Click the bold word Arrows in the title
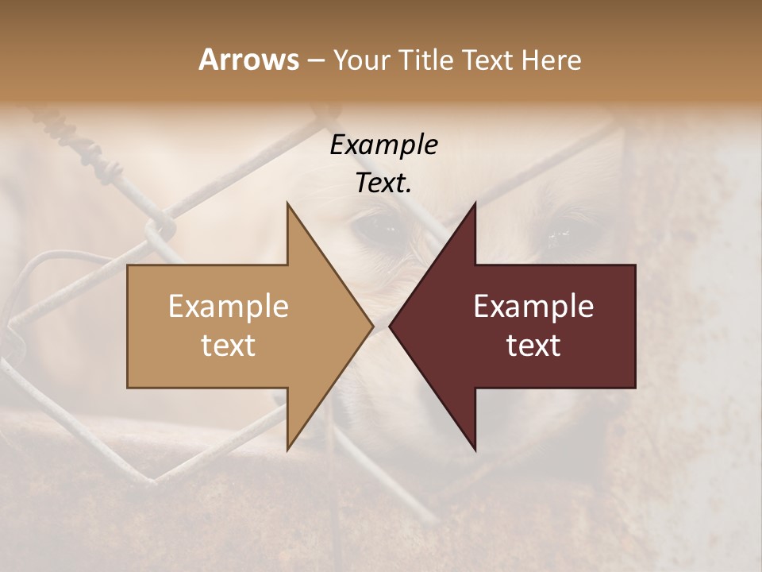coord(248,60)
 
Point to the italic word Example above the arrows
coord(383,145)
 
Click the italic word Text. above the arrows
coord(383,183)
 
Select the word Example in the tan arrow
coord(229,306)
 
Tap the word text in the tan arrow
coord(229,345)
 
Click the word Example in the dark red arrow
coord(533,306)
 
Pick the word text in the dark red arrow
coord(533,345)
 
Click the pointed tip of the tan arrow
coord(372,326)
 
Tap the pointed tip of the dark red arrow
coord(390,326)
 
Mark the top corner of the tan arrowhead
coord(287,203)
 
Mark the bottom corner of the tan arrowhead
coord(287,449)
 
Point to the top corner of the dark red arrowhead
coord(475,203)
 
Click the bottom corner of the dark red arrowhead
coord(475,449)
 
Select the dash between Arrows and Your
coord(314,60)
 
